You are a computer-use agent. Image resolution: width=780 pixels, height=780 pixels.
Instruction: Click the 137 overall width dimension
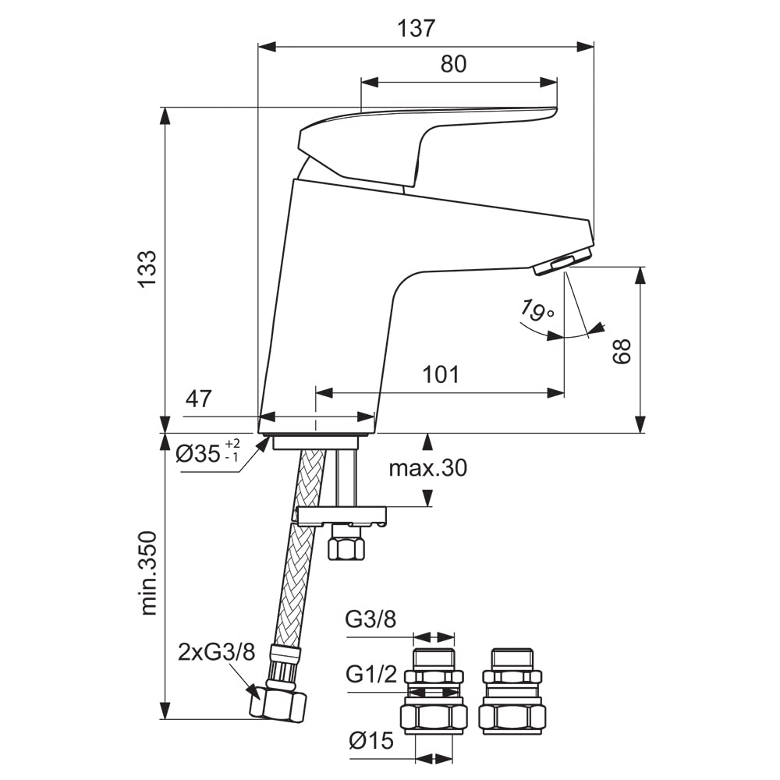pos(416,28)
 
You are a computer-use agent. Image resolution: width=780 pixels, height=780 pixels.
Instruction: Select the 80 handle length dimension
pos(453,64)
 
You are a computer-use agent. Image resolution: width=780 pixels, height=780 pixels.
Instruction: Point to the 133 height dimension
pos(147,269)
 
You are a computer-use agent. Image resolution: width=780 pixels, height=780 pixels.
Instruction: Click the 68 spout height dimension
pos(622,352)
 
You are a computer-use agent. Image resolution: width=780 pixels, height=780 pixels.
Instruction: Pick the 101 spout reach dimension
pos(441,374)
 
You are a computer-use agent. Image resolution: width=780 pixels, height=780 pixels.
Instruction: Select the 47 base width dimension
pos(198,399)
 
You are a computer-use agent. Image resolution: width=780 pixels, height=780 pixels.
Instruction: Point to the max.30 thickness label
pos(427,468)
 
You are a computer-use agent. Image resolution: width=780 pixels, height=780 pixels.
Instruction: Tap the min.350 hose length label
pos(148,573)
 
